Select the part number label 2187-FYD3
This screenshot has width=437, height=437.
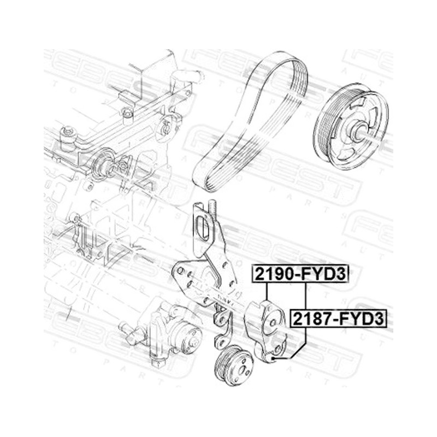coord(339,318)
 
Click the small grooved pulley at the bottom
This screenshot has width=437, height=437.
coord(234,365)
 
